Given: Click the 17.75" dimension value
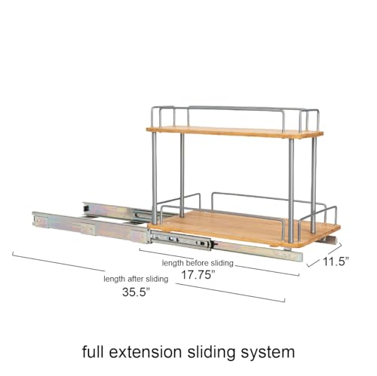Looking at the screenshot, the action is pos(198,274).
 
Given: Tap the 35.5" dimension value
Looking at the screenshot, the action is pos(136,292).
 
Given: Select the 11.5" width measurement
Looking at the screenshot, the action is pos(336,261).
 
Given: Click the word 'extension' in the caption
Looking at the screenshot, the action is pos(146,352).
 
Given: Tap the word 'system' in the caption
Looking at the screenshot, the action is pos(268,353).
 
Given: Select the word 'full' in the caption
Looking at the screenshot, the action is pos(93,351).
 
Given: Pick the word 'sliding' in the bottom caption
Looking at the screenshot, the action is pos(211,353).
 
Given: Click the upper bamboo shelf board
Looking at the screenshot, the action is pos(234,133).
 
